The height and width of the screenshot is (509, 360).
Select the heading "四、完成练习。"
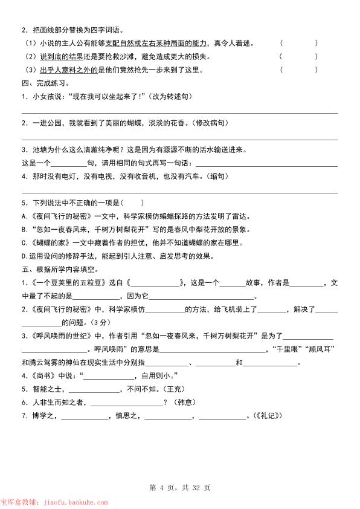[45, 83]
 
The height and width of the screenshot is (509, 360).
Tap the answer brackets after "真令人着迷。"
[298, 44]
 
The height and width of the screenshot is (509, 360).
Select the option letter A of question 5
[24, 216]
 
